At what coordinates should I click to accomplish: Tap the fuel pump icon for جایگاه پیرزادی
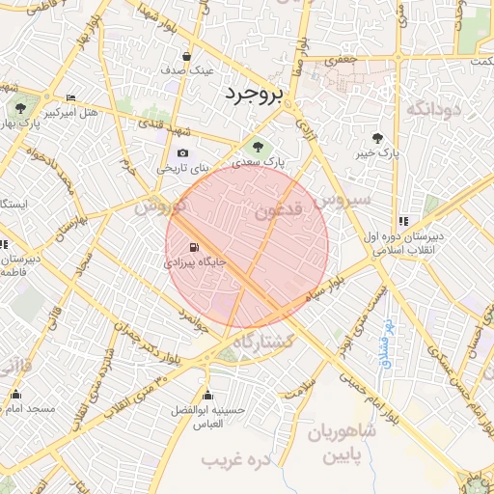click(196, 246)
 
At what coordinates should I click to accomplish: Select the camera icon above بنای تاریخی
click(183, 152)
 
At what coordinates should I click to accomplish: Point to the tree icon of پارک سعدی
click(258, 147)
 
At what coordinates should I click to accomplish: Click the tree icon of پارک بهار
click(18, 107)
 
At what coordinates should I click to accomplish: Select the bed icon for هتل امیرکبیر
click(70, 97)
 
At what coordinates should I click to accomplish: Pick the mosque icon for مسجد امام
click(15, 394)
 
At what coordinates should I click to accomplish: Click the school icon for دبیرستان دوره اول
click(403, 221)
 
